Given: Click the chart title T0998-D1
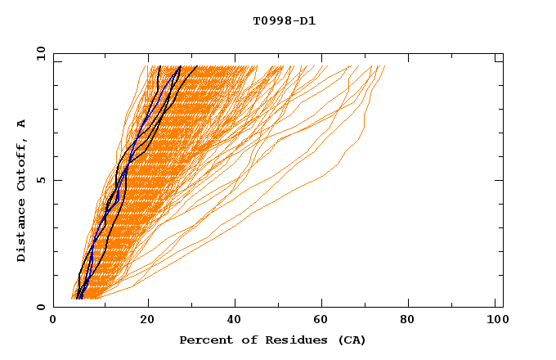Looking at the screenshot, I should [x=284, y=21].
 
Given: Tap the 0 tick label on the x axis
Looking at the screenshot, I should [x=53, y=321].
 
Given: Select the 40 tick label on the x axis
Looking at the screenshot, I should [x=236, y=321].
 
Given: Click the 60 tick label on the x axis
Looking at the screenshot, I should [x=325, y=321].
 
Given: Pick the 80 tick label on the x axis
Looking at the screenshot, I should [x=413, y=321].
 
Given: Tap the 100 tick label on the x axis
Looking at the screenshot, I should [x=498, y=321].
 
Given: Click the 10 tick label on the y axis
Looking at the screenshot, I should [x=40, y=53].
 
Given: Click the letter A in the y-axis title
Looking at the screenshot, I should [x=21, y=124].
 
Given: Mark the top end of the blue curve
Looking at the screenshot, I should [x=180, y=66].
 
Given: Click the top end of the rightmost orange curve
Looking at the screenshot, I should [x=384, y=66].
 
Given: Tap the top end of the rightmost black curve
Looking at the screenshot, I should [x=197, y=66].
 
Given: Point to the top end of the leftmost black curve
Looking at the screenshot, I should [x=159, y=66].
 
